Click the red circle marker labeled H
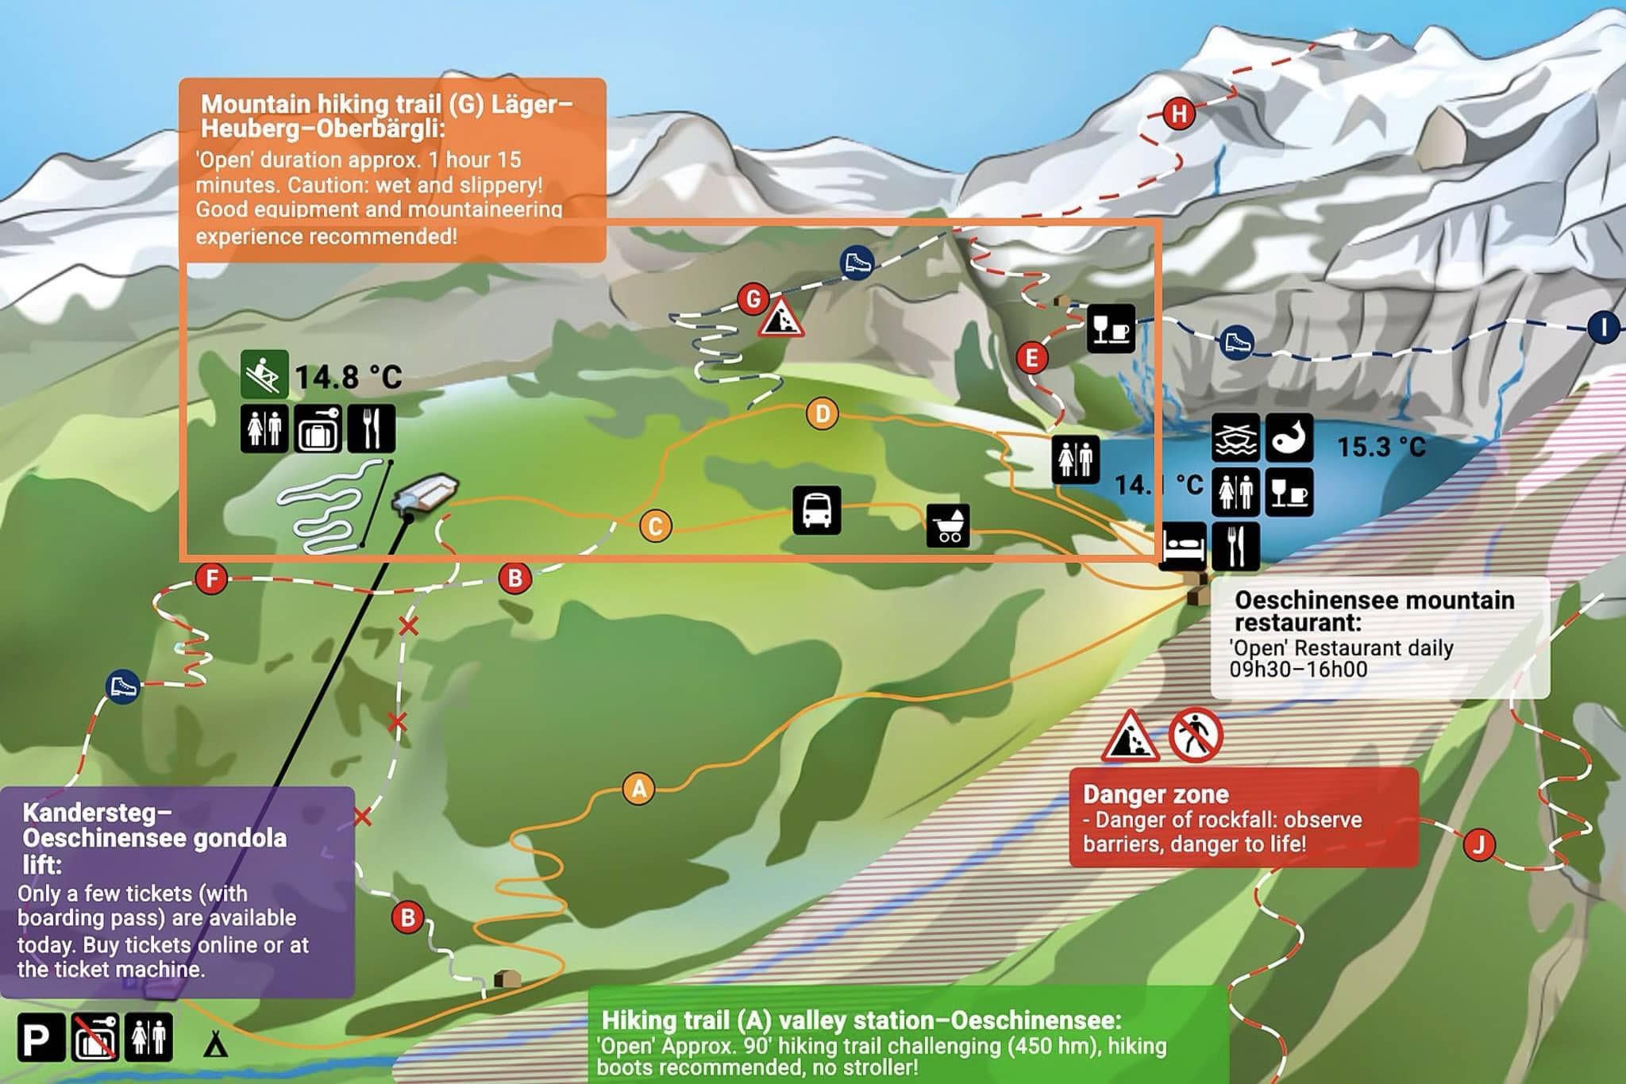pyautogui.click(x=1179, y=113)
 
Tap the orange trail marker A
pyautogui.click(x=638, y=789)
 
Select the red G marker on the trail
pyautogui.click(x=753, y=299)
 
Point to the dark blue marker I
pyautogui.click(x=1603, y=327)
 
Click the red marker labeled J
pyautogui.click(x=1478, y=844)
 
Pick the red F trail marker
pyautogui.click(x=211, y=579)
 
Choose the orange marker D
pyautogui.click(x=822, y=413)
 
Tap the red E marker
pyautogui.click(x=1031, y=358)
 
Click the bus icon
pyautogui.click(x=817, y=509)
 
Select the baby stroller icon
pyautogui.click(x=948, y=525)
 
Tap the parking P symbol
pyautogui.click(x=40, y=1038)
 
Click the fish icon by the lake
pyautogui.click(x=1289, y=437)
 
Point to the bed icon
pyautogui.click(x=1183, y=546)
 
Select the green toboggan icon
pyautogui.click(x=264, y=374)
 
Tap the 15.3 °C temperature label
pyautogui.click(x=1381, y=447)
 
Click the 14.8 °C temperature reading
pyautogui.click(x=349, y=377)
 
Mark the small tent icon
pyautogui.click(x=215, y=1044)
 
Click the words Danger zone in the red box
pyautogui.click(x=1155, y=794)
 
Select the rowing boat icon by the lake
pyautogui.click(x=1235, y=437)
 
